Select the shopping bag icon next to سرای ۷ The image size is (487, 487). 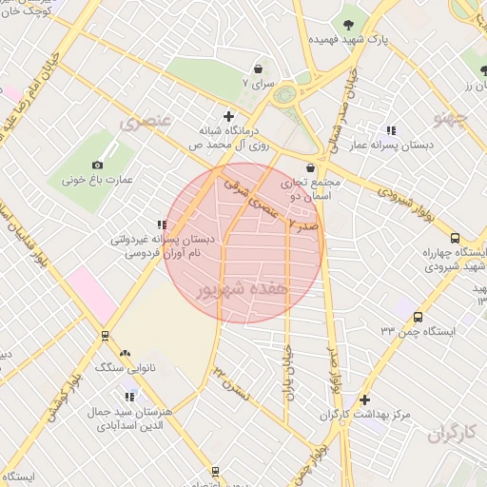(x=260, y=69)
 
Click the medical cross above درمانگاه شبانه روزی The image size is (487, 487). (x=228, y=115)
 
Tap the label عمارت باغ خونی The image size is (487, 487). (x=94, y=179)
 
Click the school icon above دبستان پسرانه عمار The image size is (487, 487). (x=391, y=130)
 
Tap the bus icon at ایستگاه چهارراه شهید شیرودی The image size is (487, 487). (x=455, y=239)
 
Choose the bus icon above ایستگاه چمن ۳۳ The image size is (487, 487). (x=419, y=317)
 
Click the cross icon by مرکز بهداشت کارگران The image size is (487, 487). (x=364, y=399)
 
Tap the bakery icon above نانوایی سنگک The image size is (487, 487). (x=125, y=353)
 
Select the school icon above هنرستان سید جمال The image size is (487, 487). (x=130, y=397)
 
